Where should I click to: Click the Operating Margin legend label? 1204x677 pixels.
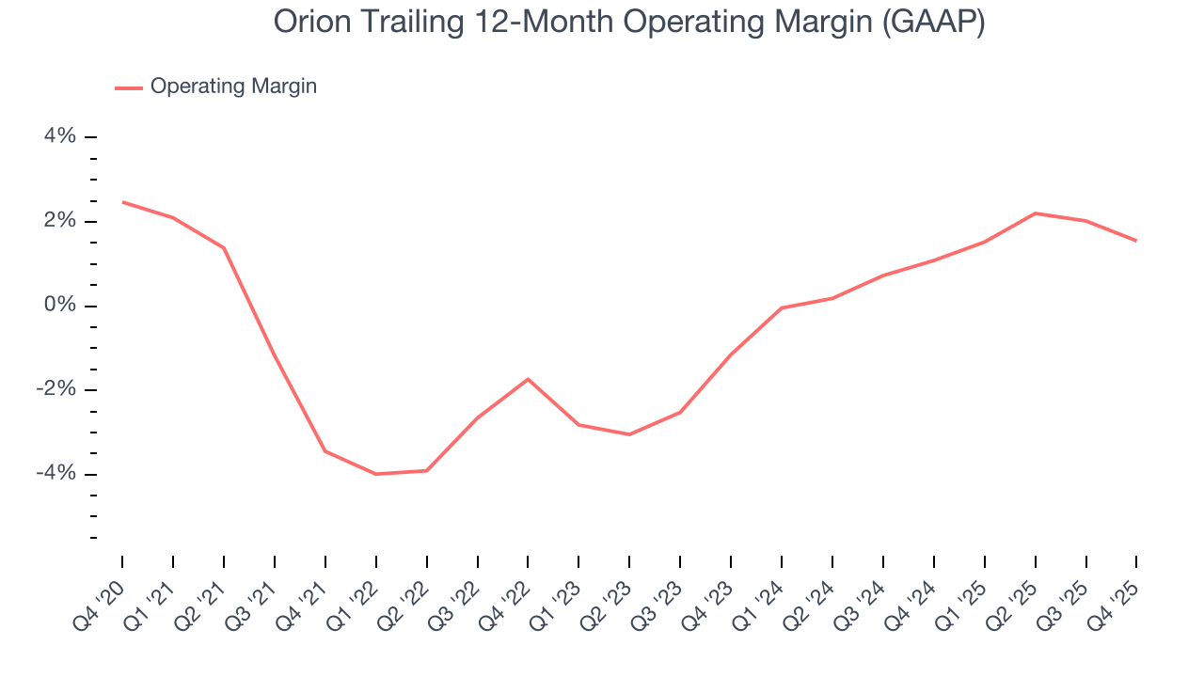pyautogui.click(x=233, y=87)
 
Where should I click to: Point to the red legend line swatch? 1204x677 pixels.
pyautogui.click(x=129, y=87)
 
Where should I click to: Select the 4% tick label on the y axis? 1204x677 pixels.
pyautogui.click(x=60, y=136)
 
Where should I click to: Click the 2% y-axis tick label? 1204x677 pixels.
pyautogui.click(x=60, y=221)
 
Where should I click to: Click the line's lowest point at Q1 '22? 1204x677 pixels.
pyautogui.click(x=376, y=474)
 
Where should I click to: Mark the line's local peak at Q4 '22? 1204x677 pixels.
pyautogui.click(x=528, y=379)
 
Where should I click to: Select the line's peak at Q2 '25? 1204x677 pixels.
pyautogui.click(x=1035, y=213)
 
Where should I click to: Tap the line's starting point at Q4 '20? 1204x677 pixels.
pyautogui.click(x=123, y=202)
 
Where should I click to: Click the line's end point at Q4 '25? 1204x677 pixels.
pyautogui.click(x=1136, y=241)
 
